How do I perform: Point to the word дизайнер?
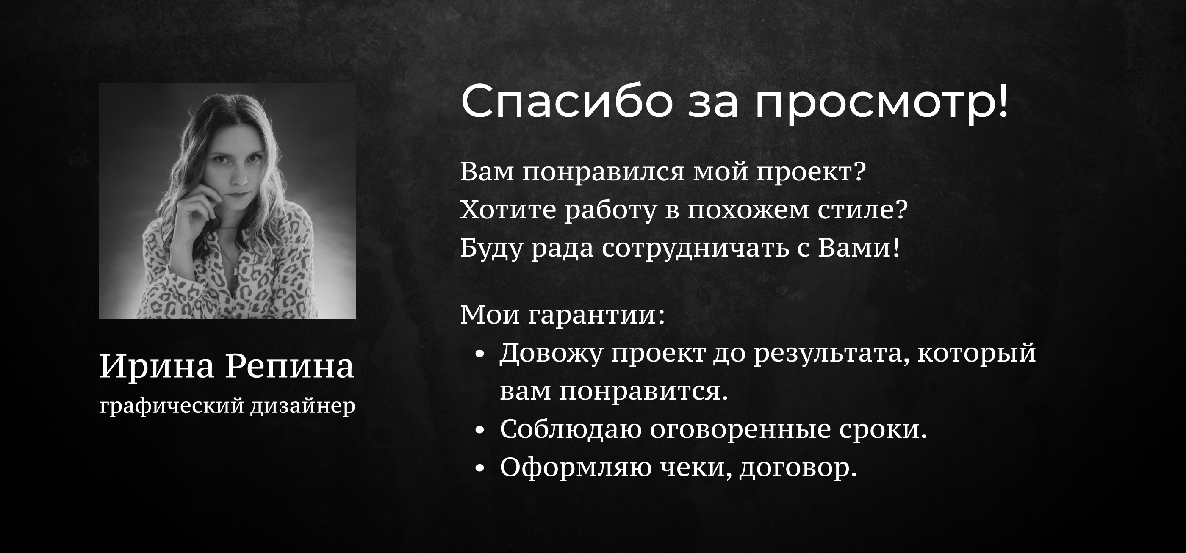click(x=303, y=406)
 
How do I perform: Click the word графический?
click(x=172, y=406)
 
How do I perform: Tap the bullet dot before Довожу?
click(x=480, y=354)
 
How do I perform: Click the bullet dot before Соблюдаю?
click(x=480, y=430)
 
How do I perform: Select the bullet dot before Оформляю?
click(x=480, y=468)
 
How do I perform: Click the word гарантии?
click(x=596, y=315)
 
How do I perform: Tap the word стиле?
click(x=862, y=210)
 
